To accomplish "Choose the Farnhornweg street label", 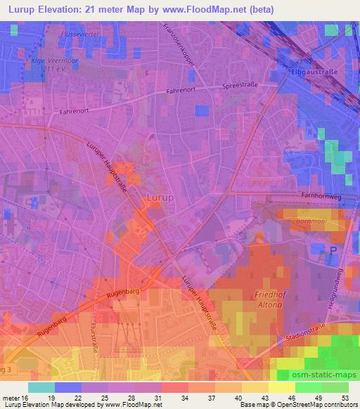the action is pyautogui.click(x=319, y=197).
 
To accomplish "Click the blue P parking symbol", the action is pyautogui.click(x=334, y=249).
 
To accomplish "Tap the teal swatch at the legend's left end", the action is pyautogui.click(x=41, y=387).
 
